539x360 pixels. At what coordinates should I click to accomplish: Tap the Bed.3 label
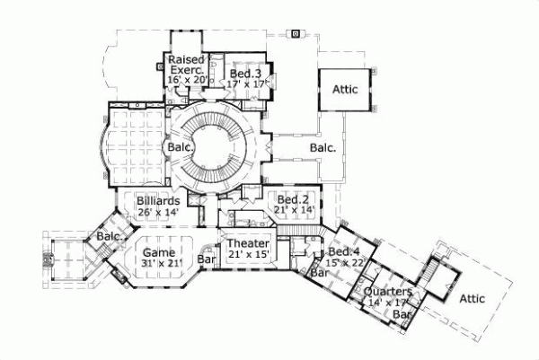[x=244, y=74]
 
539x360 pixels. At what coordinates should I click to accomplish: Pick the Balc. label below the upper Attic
[x=324, y=147]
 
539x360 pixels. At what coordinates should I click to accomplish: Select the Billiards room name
[x=158, y=201]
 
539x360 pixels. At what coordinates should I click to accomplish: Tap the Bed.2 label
[x=293, y=199]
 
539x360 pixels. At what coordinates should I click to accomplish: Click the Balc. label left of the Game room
[x=97, y=236]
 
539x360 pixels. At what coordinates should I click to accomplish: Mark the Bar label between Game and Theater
[x=207, y=260]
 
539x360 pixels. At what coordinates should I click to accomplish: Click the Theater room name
[x=247, y=244]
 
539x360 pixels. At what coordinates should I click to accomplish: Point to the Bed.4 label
[x=343, y=252]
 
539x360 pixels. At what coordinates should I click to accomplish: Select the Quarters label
[x=388, y=293]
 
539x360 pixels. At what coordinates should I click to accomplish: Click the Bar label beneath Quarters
[x=404, y=315]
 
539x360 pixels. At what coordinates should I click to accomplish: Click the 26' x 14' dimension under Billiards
[x=158, y=212]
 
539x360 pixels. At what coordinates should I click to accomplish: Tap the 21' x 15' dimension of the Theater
[x=247, y=255]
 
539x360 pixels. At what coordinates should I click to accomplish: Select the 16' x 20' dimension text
[x=188, y=80]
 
